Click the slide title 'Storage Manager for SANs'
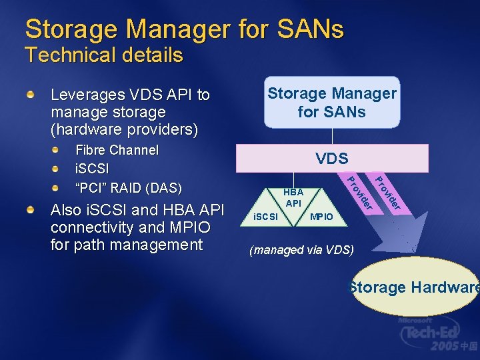pyautogui.click(x=184, y=29)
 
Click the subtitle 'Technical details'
pyautogui.click(x=103, y=55)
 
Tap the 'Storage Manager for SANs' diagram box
pyautogui.click(x=332, y=103)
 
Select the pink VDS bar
pyautogui.click(x=332, y=158)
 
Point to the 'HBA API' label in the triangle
pyautogui.click(x=293, y=197)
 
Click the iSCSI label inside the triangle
pyautogui.click(x=265, y=217)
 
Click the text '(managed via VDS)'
pyautogui.click(x=301, y=251)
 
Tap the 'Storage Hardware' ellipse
pyautogui.click(x=413, y=287)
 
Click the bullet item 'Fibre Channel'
pyautogui.click(x=117, y=150)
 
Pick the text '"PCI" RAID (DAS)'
pyautogui.click(x=129, y=187)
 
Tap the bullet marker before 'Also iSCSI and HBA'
pyautogui.click(x=30, y=211)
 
